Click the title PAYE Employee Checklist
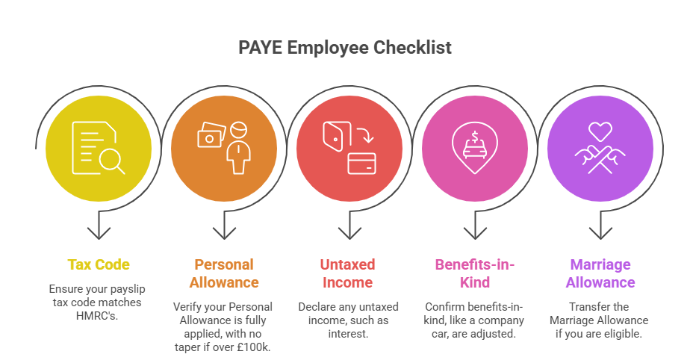tap(345, 48)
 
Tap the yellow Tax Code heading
tap(99, 264)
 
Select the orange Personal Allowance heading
tap(224, 273)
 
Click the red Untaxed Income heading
tap(348, 273)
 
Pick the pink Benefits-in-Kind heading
tap(475, 273)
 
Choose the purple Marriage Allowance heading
tap(600, 273)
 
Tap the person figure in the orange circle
tap(238, 147)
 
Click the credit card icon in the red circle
tap(361, 164)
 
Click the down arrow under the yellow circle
tap(99, 226)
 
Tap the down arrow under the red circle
tap(348, 226)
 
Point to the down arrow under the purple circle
tap(600, 226)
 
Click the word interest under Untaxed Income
tap(348, 333)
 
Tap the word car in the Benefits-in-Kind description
tap(438, 333)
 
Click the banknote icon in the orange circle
tap(210, 136)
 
